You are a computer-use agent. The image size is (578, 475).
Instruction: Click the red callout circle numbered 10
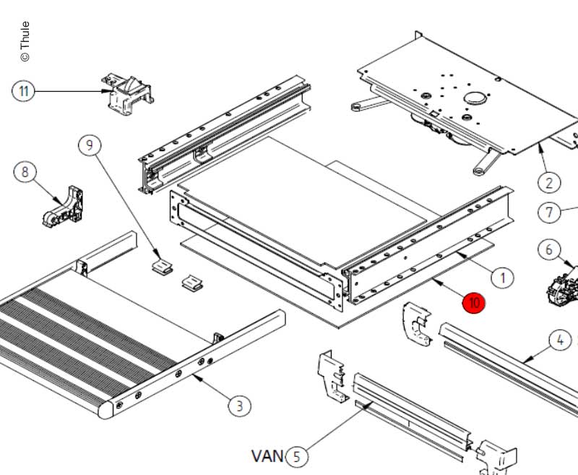click(x=474, y=302)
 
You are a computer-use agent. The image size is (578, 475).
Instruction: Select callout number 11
click(x=24, y=92)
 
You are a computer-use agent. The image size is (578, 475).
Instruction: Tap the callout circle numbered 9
click(x=90, y=145)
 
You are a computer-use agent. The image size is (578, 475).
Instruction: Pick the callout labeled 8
click(x=26, y=172)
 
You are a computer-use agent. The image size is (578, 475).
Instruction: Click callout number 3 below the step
click(x=240, y=406)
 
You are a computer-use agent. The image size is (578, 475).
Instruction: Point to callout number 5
click(x=296, y=456)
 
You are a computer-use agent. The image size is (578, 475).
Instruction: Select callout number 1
click(x=502, y=276)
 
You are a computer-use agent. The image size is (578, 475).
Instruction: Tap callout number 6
click(x=549, y=250)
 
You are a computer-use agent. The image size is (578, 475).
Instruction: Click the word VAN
click(x=267, y=456)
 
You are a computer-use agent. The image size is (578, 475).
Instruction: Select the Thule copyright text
click(x=25, y=41)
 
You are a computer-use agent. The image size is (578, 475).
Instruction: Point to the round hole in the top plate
click(x=475, y=98)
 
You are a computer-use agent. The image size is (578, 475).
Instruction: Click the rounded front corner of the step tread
click(x=105, y=410)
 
